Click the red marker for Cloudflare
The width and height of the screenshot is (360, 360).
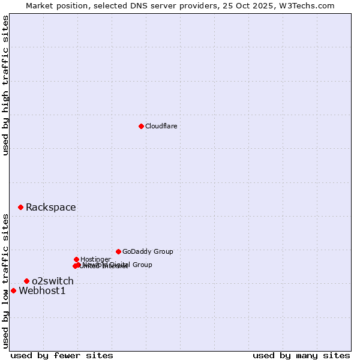141,126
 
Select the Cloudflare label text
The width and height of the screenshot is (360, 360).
161,126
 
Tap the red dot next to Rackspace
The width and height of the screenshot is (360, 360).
20,207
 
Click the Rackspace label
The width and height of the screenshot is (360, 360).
50,208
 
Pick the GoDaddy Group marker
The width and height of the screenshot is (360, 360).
118,251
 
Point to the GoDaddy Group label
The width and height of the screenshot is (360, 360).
148,251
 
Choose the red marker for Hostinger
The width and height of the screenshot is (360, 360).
76,259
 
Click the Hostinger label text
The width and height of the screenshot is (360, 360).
95,259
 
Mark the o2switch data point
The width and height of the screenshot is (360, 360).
26,281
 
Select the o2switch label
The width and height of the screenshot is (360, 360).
53,281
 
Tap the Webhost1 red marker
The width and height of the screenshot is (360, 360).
13,290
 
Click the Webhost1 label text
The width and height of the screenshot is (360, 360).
42,291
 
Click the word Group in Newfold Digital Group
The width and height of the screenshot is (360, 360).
142,265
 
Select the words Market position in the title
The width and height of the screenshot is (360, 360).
55,5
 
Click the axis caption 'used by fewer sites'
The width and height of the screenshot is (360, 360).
62,355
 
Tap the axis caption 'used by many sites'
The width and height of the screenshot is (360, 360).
301,355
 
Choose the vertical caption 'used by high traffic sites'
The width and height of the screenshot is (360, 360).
5,85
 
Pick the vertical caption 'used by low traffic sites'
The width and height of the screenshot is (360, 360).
5,281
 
